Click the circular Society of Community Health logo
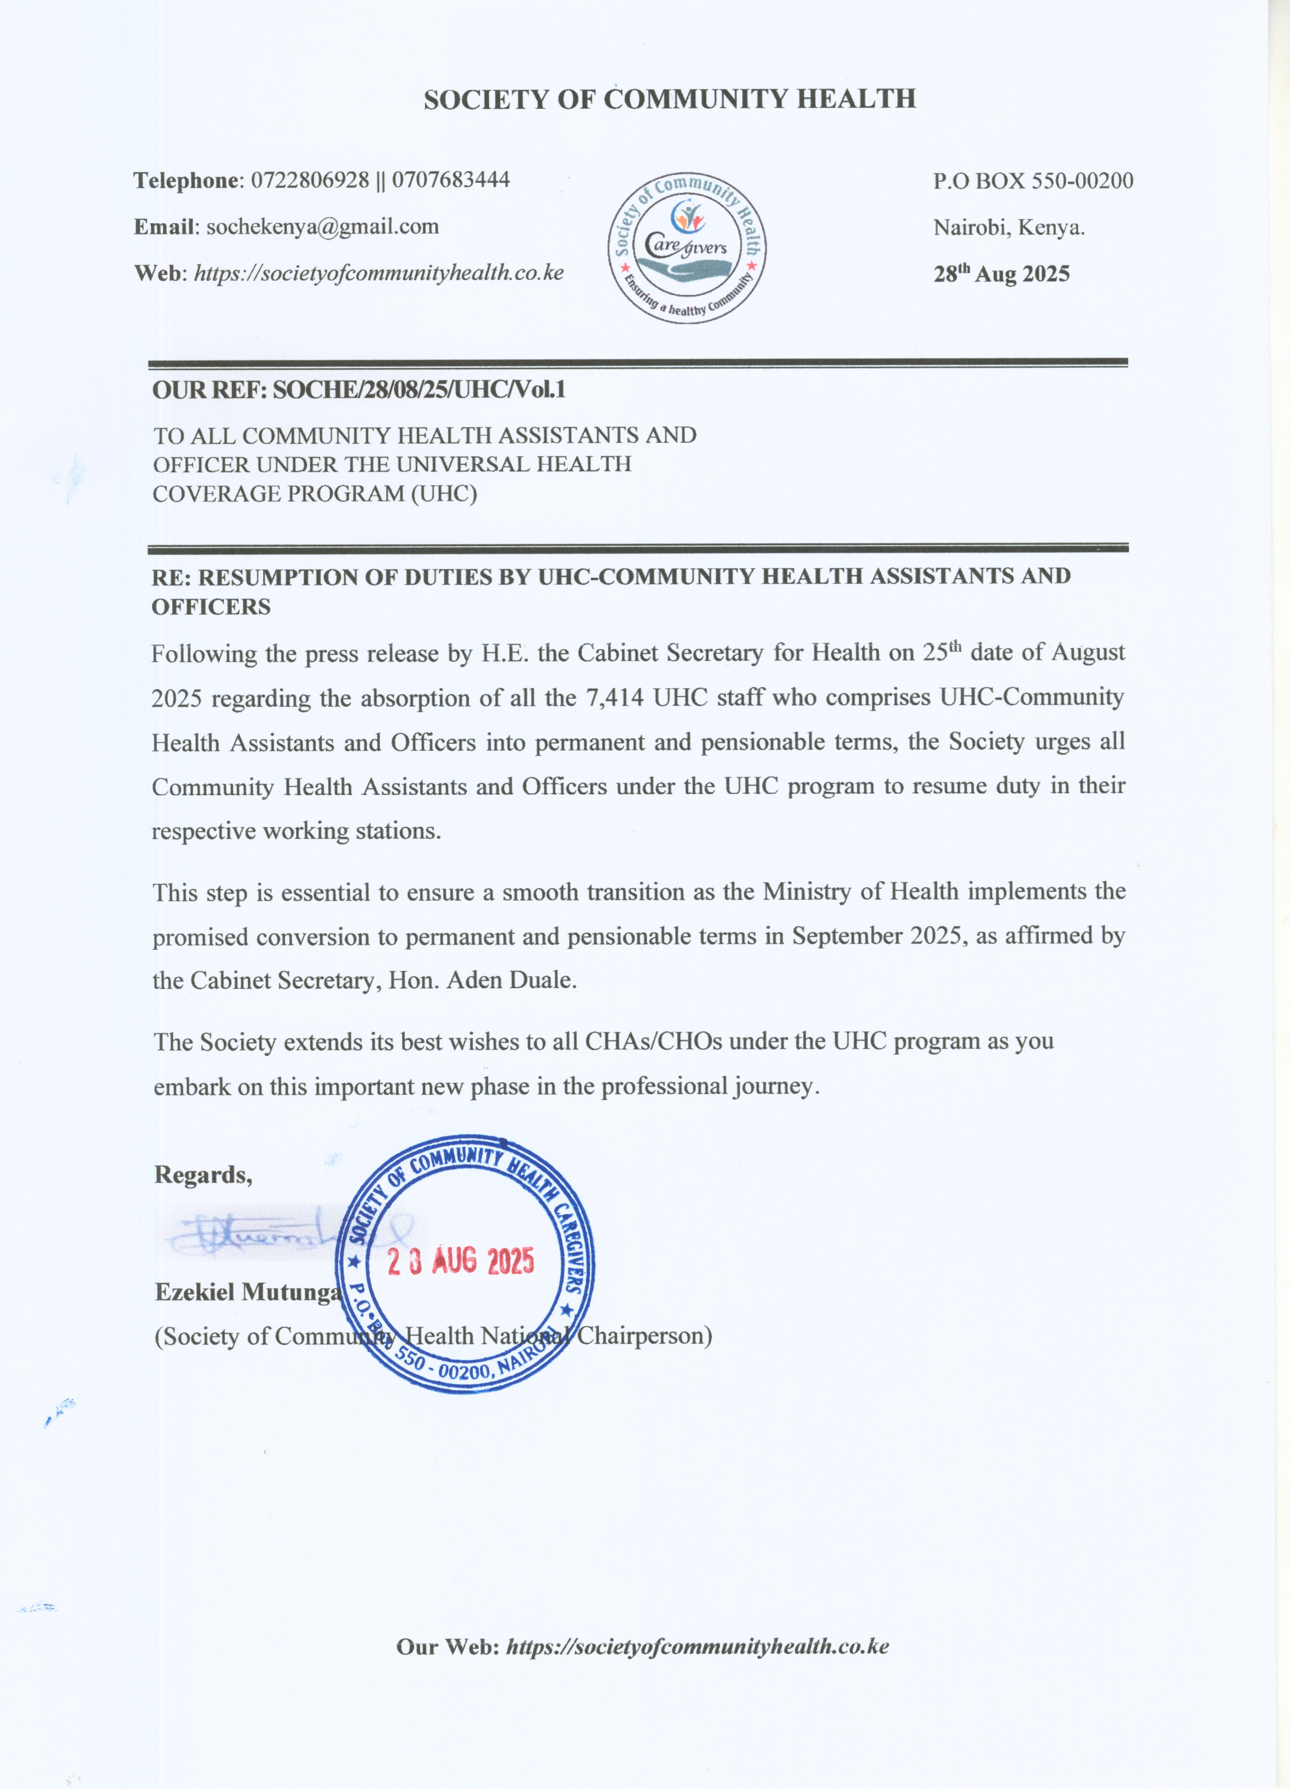(686, 248)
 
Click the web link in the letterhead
(379, 273)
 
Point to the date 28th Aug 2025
(1001, 274)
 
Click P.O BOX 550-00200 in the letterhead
(1033, 181)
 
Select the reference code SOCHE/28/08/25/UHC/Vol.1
(419, 390)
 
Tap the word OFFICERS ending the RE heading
(211, 607)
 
